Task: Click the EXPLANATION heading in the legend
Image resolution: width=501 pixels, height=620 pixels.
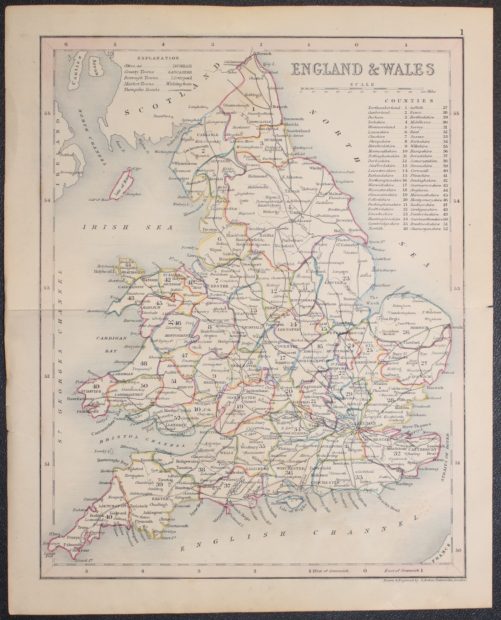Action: coord(158,58)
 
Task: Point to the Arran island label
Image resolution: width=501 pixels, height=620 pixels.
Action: coord(96,69)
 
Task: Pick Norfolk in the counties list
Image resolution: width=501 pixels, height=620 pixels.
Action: coord(376,228)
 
